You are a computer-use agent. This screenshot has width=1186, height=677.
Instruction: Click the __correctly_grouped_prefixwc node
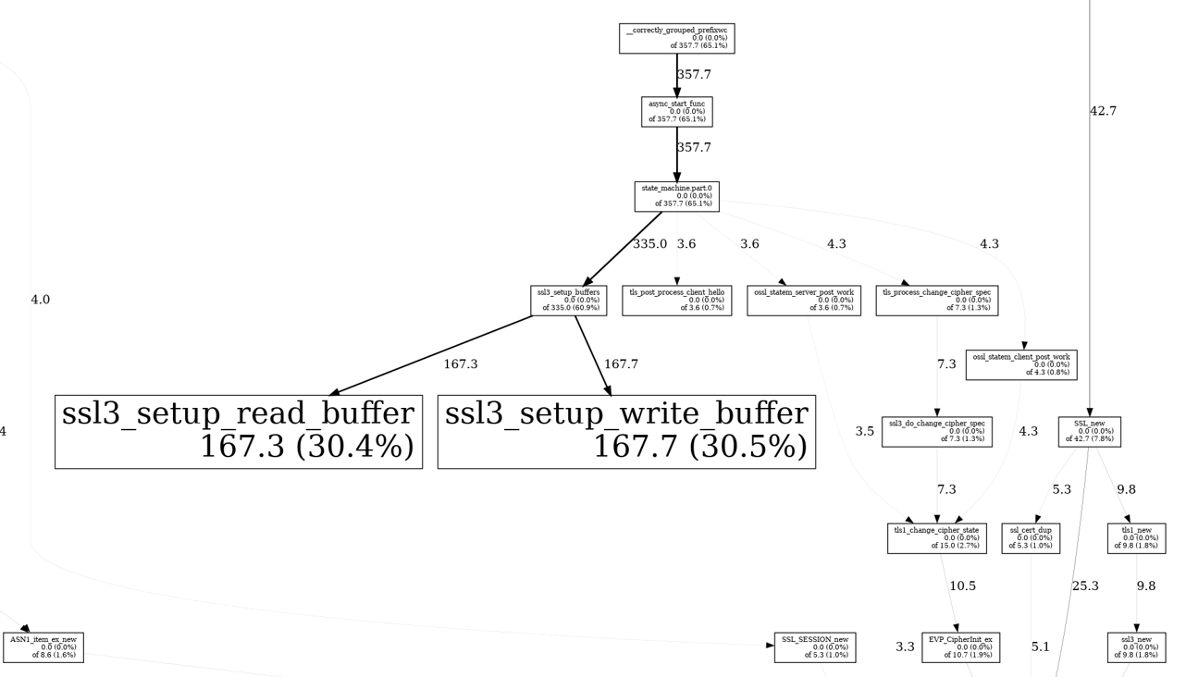676,39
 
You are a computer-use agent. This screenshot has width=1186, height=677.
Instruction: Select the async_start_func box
676,112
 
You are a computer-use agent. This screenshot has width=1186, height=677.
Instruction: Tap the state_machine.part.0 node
676,196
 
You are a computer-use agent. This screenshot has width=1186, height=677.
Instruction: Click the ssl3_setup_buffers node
569,301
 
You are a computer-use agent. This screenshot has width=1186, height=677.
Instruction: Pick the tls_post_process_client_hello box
676,301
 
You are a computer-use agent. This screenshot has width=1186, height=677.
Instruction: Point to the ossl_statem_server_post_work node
803,301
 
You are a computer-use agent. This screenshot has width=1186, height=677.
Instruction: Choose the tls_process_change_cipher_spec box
936,301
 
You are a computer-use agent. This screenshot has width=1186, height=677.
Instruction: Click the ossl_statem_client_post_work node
1020,364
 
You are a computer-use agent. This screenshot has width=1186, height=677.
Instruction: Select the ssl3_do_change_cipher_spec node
936,432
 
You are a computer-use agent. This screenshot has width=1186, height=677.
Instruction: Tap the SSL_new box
1089,432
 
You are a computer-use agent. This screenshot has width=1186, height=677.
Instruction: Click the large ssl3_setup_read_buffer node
239,432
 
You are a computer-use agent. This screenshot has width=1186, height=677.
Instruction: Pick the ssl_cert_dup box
1031,538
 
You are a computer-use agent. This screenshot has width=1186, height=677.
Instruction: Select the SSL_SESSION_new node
814,647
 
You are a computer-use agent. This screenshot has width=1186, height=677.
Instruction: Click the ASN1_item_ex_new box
43,647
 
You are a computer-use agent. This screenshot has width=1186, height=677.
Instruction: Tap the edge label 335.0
649,244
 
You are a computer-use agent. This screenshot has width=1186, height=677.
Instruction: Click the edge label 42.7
1103,111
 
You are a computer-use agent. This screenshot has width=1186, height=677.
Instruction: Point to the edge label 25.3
1085,585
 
